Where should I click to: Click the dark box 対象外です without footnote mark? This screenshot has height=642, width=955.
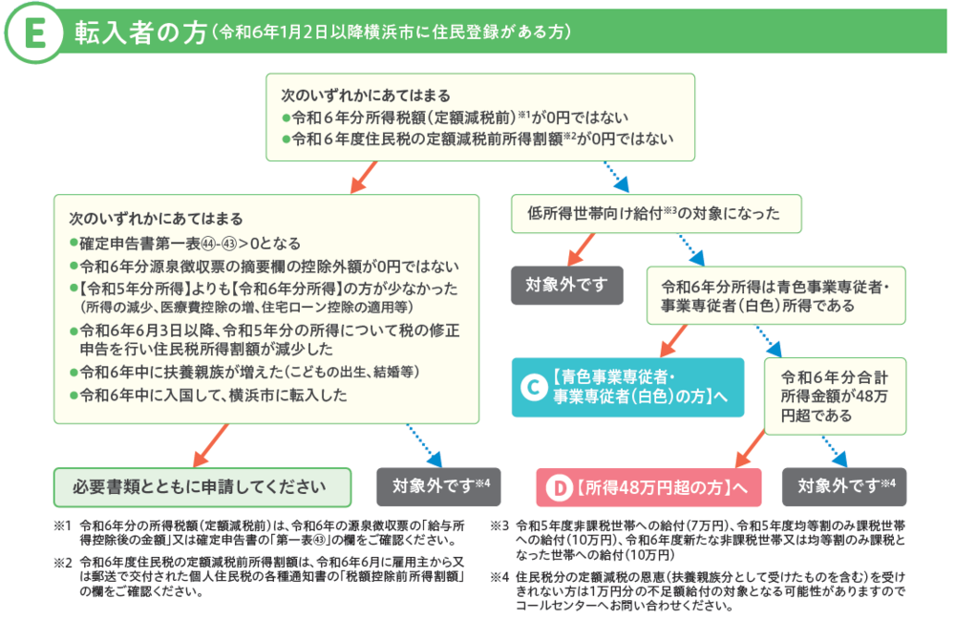567,284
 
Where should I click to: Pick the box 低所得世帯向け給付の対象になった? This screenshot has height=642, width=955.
655,213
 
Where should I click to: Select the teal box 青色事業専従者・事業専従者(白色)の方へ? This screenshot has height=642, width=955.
628,387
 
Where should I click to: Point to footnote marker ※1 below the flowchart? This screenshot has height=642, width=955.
63,525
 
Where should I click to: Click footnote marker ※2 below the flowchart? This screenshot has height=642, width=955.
63,563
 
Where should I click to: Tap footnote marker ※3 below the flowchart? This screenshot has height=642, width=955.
499,525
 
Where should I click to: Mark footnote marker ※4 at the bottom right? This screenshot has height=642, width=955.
499,577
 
